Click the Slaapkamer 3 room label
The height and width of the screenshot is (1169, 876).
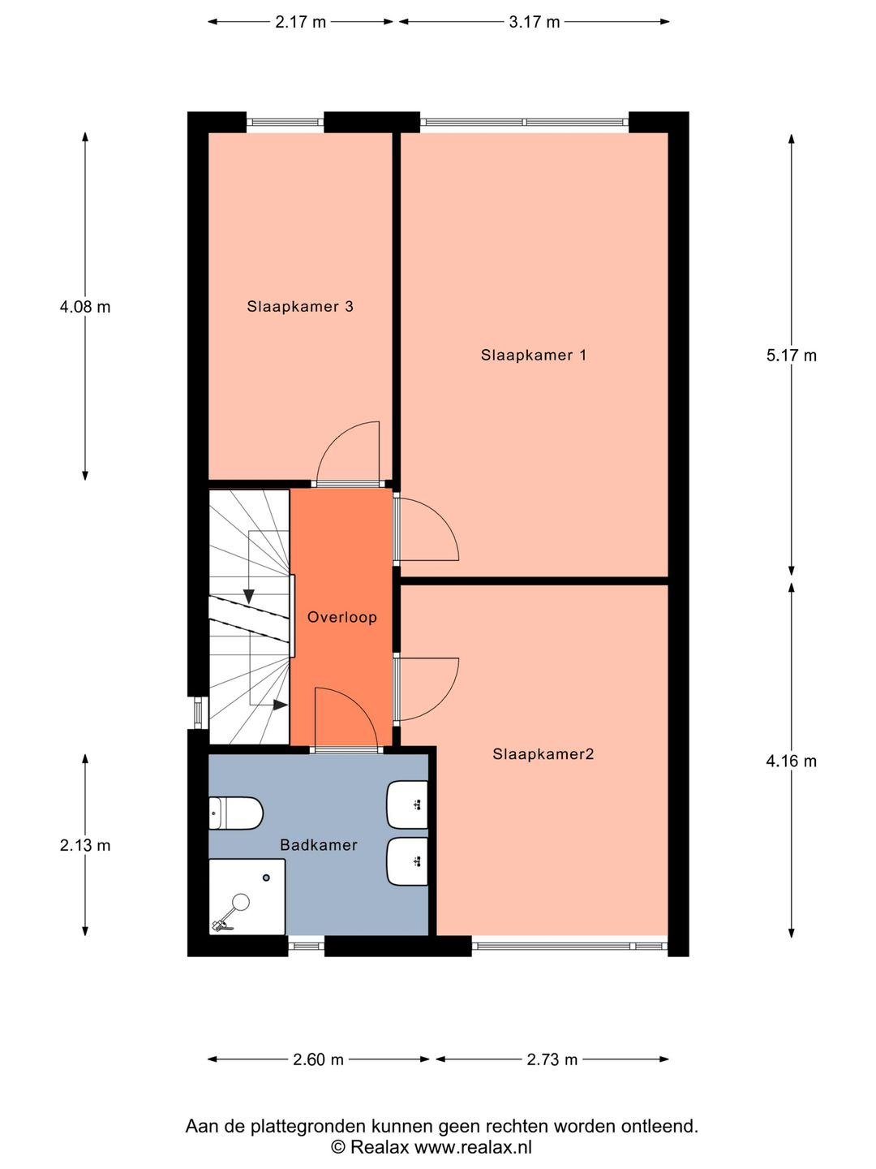coord(300,306)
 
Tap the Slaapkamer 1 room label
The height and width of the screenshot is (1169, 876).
coord(533,355)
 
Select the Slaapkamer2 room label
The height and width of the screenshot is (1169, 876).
coord(543,754)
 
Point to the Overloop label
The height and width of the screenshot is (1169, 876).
coord(341,617)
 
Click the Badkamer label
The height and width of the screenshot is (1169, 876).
coord(318,845)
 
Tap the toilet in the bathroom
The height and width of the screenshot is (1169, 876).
coord(236,813)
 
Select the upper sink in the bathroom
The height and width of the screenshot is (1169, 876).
coord(408,805)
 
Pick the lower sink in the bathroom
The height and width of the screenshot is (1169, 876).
coord(408,861)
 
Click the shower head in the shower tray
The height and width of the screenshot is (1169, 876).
coord(240,901)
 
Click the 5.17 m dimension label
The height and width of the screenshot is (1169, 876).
coord(791,355)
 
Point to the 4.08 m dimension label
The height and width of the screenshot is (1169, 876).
coord(85,307)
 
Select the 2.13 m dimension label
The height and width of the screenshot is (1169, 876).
coord(85,845)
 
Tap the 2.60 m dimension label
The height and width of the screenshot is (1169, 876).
coord(318,1059)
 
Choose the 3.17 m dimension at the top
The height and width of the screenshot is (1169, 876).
coord(534,22)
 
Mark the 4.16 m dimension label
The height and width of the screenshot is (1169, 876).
coord(791,761)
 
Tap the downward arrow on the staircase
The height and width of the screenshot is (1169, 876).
coord(249,596)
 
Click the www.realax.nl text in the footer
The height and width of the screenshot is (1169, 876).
coord(473,1147)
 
